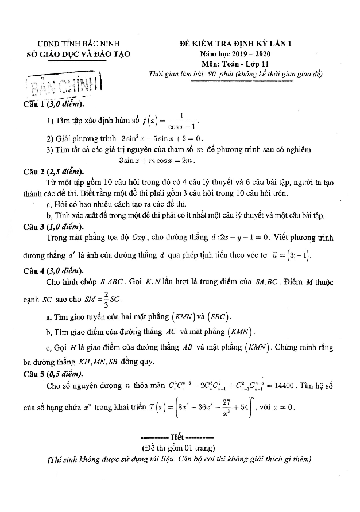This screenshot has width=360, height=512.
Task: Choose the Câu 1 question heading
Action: [53, 104]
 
